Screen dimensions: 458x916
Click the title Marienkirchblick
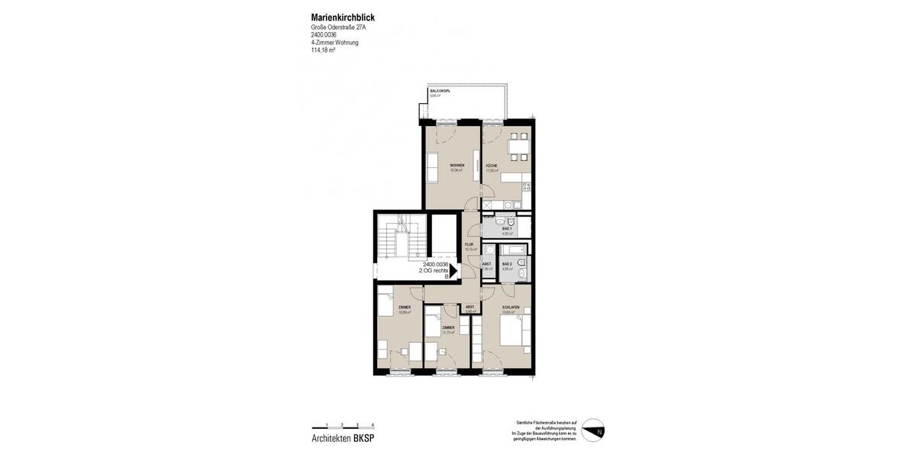[x=343, y=18]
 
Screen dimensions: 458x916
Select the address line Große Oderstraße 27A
[x=338, y=27]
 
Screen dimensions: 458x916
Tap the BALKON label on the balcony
[x=439, y=91]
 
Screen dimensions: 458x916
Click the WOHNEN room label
[x=456, y=166]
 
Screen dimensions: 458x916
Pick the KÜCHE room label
[x=492, y=166]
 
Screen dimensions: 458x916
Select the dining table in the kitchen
[x=518, y=147]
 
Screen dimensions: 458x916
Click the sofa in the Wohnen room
[x=431, y=167]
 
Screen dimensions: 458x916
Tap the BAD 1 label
[x=507, y=229]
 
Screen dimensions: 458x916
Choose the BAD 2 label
[x=507, y=263]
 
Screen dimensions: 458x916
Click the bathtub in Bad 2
[x=511, y=249]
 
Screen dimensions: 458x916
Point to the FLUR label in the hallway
[x=470, y=245]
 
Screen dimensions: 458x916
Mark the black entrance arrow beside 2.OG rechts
[x=453, y=270]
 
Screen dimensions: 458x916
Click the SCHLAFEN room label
[x=511, y=307]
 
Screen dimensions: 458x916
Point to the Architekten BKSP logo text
[x=343, y=438]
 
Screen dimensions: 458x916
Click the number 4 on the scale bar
[x=373, y=424]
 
